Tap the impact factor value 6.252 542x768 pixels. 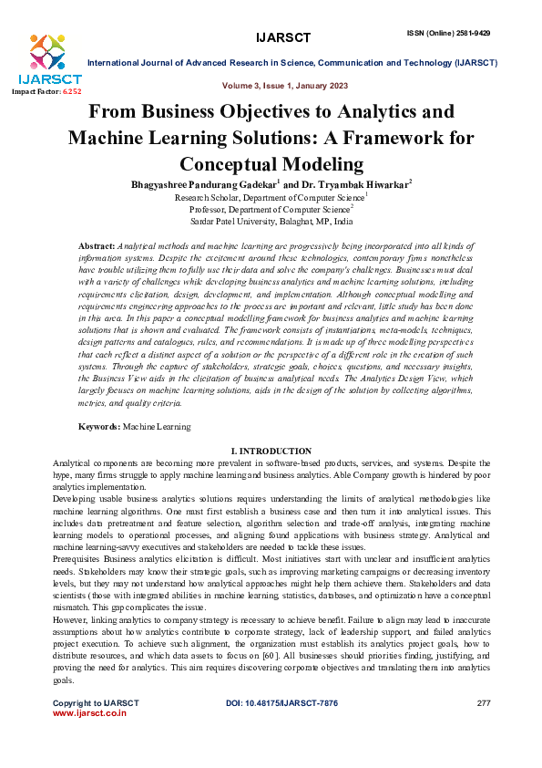point(71,92)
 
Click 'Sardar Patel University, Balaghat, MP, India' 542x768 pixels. point(271,221)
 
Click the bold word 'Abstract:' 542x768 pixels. point(97,247)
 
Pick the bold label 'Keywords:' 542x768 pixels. point(99,426)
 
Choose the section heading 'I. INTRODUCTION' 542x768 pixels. point(271,451)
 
